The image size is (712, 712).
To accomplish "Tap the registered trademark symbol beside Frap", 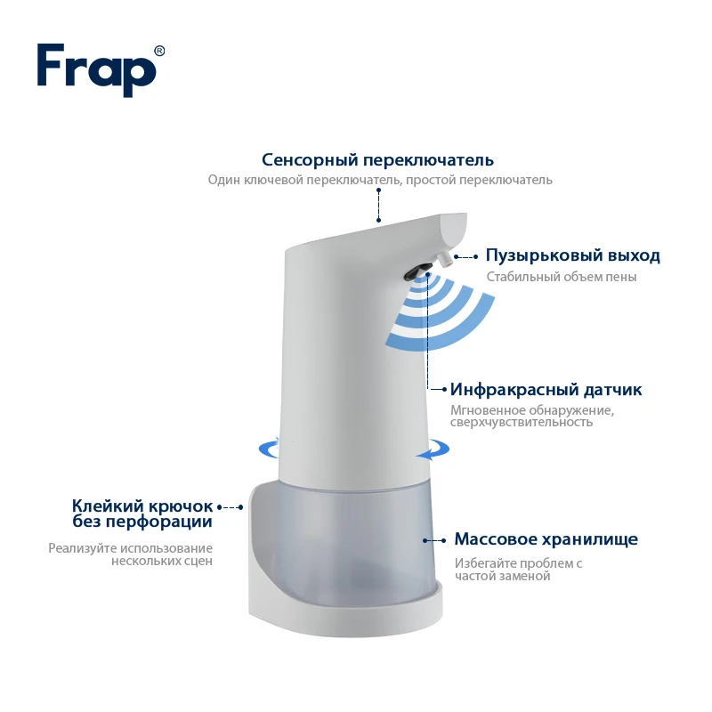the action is (159, 51).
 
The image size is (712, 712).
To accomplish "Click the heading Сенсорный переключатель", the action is (377, 160).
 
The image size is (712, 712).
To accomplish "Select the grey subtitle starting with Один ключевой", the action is (380, 180).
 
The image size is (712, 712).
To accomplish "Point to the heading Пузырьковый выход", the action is (572, 255).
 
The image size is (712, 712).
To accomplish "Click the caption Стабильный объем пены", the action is (562, 277).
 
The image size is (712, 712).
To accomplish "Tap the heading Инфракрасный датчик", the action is (546, 390).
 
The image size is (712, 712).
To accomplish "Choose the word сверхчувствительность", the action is (522, 422).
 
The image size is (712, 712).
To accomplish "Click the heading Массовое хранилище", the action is (546, 539).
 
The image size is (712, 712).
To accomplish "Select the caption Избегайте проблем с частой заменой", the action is (518, 570).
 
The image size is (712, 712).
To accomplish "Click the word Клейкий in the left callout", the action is (108, 506).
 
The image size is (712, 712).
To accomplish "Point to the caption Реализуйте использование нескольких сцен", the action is (130, 554).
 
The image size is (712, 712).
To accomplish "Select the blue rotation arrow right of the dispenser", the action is (433, 449).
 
